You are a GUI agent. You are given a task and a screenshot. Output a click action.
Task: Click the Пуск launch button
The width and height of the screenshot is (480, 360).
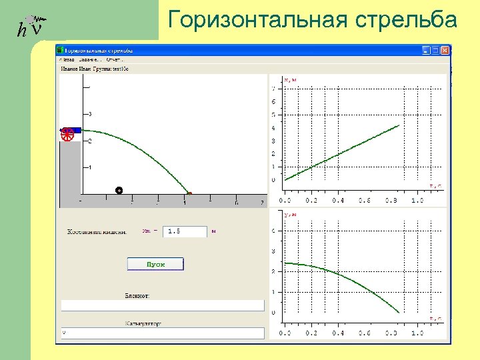tap(155, 264)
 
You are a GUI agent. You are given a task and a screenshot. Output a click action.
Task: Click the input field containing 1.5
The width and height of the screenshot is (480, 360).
tap(185, 231)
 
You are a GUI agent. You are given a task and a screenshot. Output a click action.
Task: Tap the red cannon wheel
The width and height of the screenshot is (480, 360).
tap(67, 135)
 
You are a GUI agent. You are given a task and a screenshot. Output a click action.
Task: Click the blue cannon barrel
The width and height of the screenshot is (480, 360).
tap(72, 130)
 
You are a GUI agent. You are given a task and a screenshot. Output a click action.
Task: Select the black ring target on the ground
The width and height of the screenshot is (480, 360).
tap(119, 191)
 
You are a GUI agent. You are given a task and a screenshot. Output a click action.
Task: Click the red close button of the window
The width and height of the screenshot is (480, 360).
tap(445, 50)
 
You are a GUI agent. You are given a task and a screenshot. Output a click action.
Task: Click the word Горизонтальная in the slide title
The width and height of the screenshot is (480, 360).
tap(257, 20)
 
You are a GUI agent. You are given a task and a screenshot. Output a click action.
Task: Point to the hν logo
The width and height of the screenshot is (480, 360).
tap(31, 25)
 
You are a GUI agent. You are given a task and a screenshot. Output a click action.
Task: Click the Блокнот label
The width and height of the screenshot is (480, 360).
tap(137, 295)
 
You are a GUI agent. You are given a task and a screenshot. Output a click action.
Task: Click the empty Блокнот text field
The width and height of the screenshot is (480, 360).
tap(163, 305)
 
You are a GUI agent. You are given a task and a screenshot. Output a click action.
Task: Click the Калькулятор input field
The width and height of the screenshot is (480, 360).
tap(163, 332)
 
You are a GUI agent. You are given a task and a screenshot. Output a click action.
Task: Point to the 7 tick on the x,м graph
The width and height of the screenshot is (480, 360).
tap(272, 89)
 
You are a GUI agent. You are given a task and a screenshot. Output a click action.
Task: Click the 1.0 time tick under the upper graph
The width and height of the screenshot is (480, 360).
tap(417, 200)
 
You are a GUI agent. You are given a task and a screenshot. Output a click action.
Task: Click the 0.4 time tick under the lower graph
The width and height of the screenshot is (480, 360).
tap(338, 333)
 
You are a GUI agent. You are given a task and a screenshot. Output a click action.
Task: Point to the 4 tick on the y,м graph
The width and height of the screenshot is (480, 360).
tap(272, 231)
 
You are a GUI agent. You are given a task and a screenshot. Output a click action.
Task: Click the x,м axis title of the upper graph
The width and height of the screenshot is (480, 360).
tap(291, 80)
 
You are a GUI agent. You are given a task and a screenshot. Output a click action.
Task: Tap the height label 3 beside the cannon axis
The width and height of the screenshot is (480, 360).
tap(91, 114)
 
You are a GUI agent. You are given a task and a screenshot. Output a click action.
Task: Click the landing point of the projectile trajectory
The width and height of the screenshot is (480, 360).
tap(189, 194)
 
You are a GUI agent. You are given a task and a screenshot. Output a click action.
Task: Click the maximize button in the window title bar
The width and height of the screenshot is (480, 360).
tap(435, 50)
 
